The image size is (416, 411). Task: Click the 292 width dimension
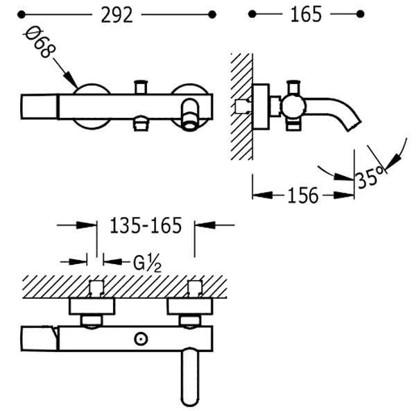pos(116,15)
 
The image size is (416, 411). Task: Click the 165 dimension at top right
pos(306,15)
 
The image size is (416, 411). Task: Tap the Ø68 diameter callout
pos(40,42)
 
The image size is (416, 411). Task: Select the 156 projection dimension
pos(303,195)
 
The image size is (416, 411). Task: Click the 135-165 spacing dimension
pos(146,226)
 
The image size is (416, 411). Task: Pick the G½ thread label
pos(147,263)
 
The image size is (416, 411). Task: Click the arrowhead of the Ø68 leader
pos(71,79)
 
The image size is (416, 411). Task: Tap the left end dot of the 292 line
pos(21,15)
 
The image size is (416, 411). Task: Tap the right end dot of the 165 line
pos(361,14)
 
